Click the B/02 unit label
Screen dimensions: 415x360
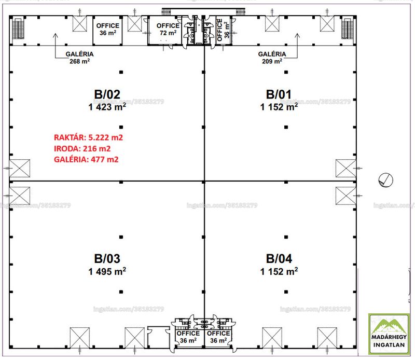(x=107, y=94)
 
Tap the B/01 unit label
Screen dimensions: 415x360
(x=279, y=94)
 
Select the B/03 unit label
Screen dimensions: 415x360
(x=107, y=259)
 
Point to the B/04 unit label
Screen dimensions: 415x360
(x=279, y=259)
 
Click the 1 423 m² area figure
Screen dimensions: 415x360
(x=107, y=107)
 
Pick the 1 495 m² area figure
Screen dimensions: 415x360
(x=107, y=271)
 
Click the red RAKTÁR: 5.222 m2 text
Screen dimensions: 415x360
(x=88, y=137)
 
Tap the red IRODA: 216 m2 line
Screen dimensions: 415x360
(x=82, y=148)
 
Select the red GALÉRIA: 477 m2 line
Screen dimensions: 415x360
(x=86, y=159)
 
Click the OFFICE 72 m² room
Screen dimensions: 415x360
(x=164, y=30)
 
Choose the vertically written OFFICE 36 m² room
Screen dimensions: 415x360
(x=223, y=30)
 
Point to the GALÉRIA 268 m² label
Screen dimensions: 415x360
(x=79, y=58)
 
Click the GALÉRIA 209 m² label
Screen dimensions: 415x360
(x=272, y=58)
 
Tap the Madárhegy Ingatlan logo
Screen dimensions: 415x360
(x=389, y=334)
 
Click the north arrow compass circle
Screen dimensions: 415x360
(x=386, y=180)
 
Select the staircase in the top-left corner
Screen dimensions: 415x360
(x=18, y=29)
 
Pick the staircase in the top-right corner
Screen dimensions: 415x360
(x=347, y=29)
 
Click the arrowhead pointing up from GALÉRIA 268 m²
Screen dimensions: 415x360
(x=56, y=35)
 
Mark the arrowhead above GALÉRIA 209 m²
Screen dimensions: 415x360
(x=297, y=35)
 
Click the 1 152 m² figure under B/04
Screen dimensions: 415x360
(x=279, y=271)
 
